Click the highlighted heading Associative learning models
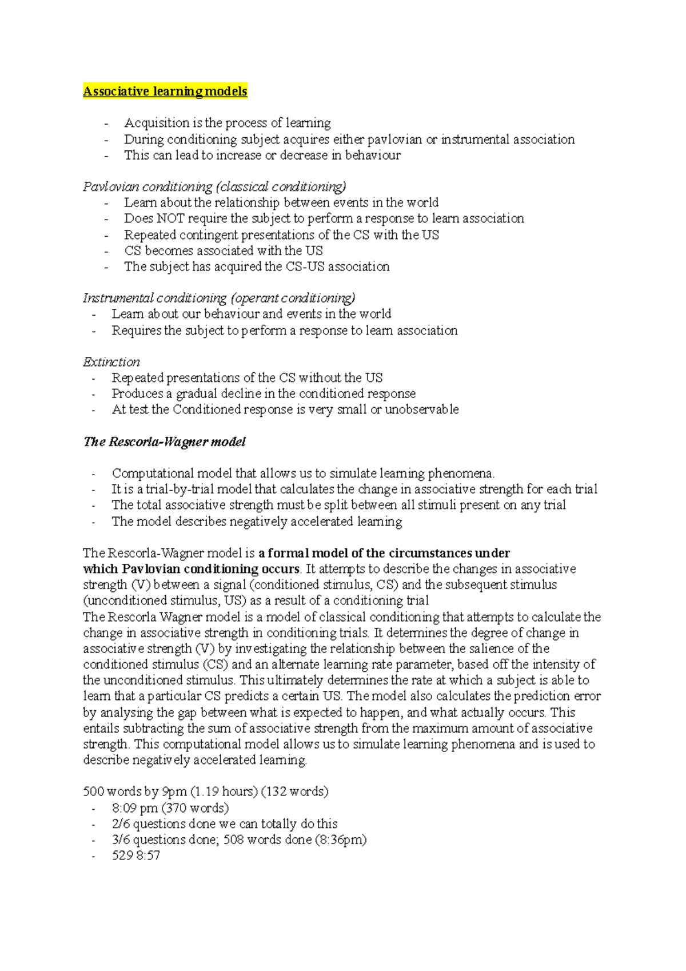coord(165,91)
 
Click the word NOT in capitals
coord(170,218)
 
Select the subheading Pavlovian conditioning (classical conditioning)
coord(214,187)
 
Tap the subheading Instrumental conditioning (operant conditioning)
coord(219,298)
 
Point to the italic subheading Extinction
coord(111,362)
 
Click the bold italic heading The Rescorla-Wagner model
coord(165,441)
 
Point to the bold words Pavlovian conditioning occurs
coord(210,569)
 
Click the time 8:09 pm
coord(135,808)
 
